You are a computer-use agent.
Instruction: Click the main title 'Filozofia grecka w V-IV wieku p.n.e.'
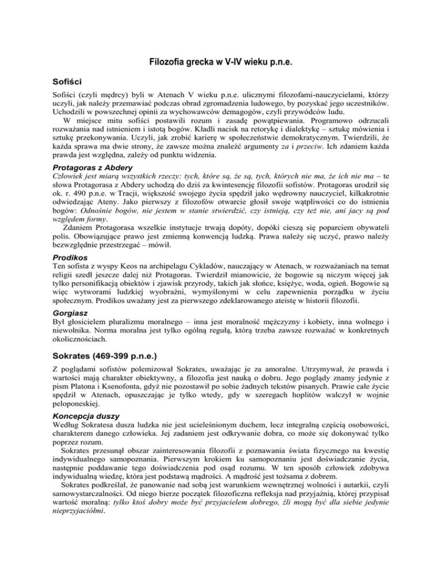pos(221,62)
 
